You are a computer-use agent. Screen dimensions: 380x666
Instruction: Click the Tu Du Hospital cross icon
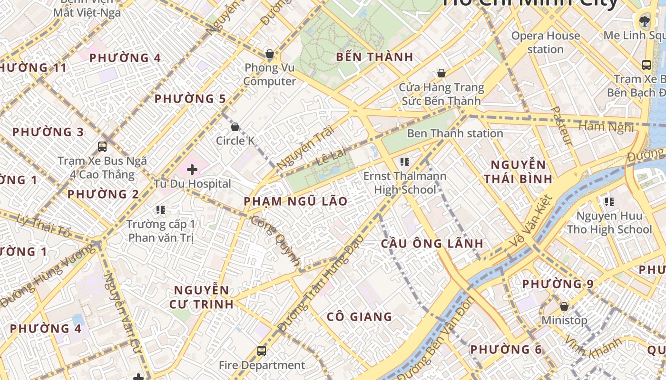192,170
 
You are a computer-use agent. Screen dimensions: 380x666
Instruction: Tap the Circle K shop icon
235,127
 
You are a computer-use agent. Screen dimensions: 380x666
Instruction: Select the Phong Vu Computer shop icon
270,54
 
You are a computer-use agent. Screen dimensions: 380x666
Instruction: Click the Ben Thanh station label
455,133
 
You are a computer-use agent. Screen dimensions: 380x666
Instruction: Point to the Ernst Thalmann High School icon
405,162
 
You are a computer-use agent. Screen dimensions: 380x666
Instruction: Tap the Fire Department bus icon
261,351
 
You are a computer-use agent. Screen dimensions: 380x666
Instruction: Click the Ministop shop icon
564,306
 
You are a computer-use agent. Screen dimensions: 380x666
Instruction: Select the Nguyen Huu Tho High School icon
609,202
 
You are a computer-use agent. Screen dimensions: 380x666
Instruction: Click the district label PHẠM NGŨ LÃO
295,201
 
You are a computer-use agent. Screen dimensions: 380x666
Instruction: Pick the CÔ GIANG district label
360,316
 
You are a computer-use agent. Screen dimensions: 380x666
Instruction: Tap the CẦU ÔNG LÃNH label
432,244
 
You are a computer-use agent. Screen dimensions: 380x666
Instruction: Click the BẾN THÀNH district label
374,57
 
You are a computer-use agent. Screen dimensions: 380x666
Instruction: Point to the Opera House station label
546,42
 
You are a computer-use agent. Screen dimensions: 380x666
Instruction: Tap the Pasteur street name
561,125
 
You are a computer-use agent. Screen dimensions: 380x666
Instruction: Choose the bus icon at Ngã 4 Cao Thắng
102,146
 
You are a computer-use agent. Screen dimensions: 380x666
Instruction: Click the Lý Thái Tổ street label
43,226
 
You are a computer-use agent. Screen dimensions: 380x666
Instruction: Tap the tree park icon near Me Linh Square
645,20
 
